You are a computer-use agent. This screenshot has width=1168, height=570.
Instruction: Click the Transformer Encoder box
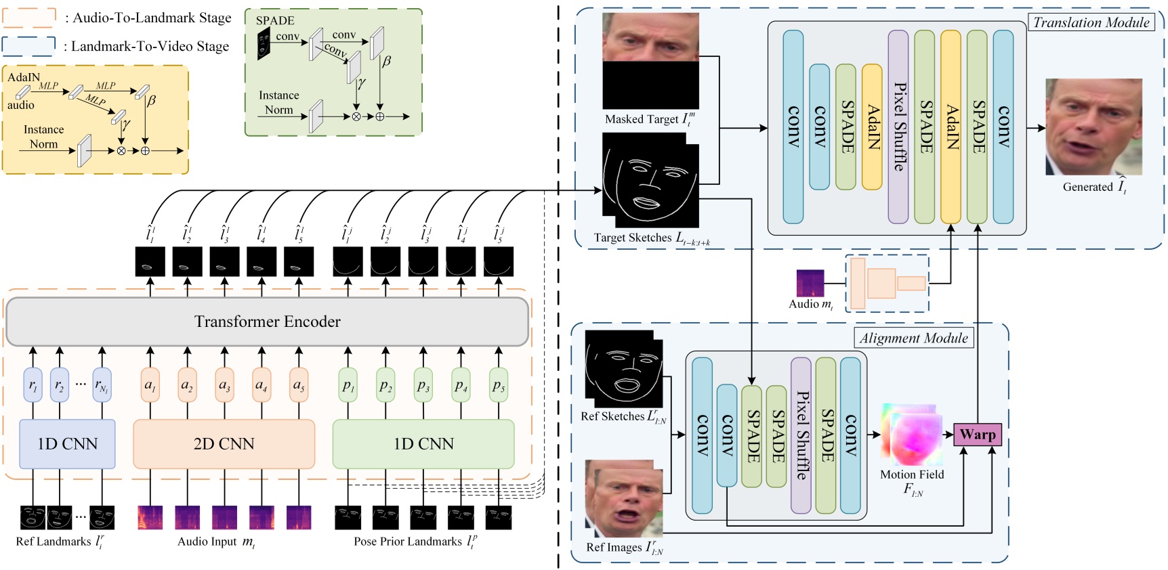267,322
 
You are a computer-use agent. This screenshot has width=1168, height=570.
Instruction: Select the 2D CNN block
224,444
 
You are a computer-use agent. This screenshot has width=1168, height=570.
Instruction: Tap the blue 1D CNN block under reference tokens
67,444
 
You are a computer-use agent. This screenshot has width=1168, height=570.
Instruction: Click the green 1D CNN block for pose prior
423,444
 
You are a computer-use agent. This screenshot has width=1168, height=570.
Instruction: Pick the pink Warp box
977,435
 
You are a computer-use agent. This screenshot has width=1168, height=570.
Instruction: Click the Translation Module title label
1091,22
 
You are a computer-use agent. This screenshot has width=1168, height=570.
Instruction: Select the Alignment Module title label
913,338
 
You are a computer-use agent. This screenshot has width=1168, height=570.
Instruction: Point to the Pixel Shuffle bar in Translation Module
898,127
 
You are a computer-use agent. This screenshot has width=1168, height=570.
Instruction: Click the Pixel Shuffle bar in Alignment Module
801,435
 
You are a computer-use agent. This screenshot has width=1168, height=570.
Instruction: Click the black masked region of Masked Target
650,85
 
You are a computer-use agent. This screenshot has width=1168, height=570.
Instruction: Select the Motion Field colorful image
912,435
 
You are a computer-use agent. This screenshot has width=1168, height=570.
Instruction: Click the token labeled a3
224,385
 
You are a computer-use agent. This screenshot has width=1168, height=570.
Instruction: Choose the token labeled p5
499,385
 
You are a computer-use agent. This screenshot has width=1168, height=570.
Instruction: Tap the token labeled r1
33,385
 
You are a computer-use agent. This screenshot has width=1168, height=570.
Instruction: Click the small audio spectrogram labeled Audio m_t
810,283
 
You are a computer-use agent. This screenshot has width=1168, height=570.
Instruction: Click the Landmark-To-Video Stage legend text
150,46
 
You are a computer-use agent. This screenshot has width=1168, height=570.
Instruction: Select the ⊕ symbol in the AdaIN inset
145,150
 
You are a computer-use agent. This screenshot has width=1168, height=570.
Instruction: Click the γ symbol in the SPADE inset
361,83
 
